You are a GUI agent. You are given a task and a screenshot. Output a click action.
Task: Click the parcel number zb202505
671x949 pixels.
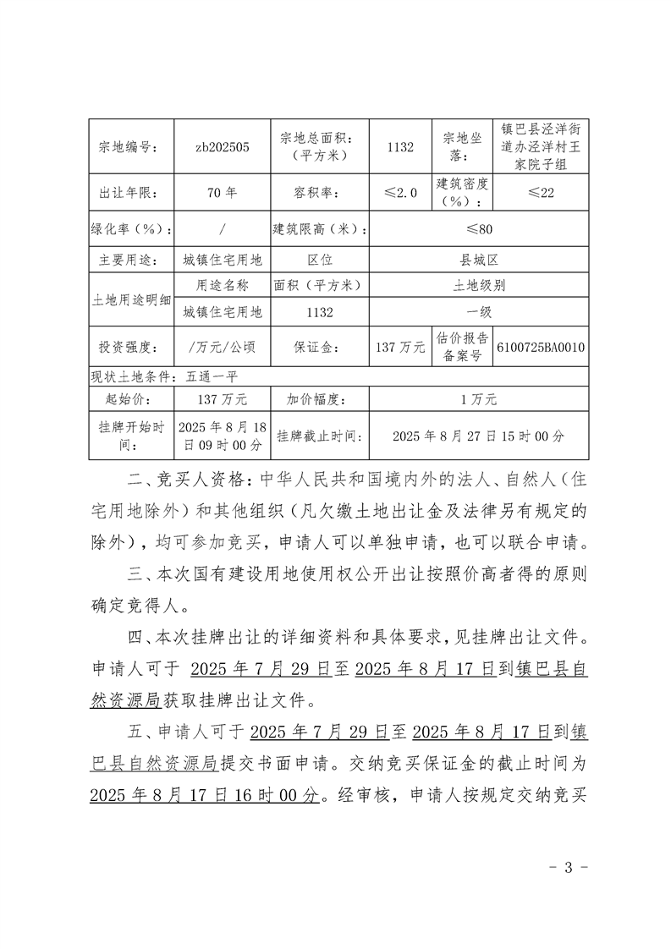[222, 146]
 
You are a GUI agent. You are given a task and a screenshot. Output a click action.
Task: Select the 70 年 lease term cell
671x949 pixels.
[222, 193]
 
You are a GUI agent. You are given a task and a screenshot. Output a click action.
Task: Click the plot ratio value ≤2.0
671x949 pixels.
[401, 193]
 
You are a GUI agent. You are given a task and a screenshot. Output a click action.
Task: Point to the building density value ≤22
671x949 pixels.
[541, 193]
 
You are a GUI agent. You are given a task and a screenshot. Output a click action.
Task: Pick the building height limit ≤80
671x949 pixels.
[479, 228]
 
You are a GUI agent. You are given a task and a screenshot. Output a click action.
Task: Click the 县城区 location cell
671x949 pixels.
[479, 261]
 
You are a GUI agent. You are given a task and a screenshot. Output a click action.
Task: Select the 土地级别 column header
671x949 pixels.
[479, 286]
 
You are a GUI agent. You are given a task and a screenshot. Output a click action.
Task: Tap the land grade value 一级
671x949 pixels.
[479, 312]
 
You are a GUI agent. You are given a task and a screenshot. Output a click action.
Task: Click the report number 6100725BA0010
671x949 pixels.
[542, 347]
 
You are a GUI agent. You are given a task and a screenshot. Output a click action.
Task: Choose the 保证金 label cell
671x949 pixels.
[316, 347]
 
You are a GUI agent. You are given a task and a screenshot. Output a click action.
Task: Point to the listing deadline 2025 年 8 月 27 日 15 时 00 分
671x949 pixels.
[479, 436]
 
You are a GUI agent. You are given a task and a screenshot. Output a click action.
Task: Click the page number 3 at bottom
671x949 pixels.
[568, 867]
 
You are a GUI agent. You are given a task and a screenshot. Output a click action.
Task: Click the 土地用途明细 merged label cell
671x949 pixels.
[130, 299]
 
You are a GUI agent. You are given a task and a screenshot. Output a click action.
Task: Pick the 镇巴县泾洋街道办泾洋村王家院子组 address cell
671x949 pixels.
[541, 146]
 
